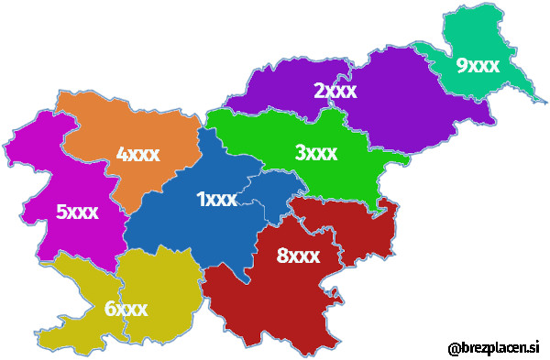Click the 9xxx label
(x=477, y=65)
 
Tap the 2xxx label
(x=335, y=91)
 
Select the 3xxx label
(x=315, y=152)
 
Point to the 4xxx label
(x=137, y=154)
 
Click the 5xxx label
(x=77, y=213)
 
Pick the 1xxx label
(x=216, y=199)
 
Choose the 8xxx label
(x=298, y=256)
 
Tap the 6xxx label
(x=126, y=309)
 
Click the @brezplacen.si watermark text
(x=493, y=348)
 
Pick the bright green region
(x=257, y=137)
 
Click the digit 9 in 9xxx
(x=461, y=65)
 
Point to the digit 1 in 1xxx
(x=201, y=199)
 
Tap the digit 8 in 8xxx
(x=282, y=256)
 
